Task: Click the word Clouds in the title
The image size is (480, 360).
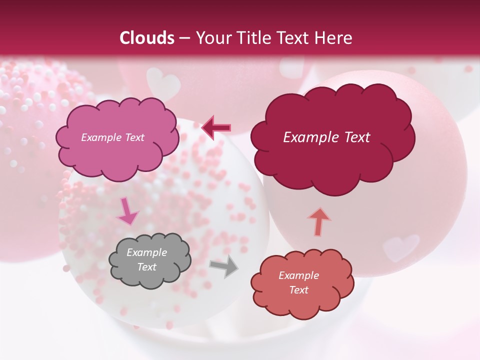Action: (147, 38)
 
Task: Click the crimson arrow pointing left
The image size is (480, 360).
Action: (216, 127)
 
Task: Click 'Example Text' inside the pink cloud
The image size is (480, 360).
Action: (113, 137)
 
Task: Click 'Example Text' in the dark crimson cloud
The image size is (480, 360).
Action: (326, 137)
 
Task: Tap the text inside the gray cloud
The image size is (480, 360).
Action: (147, 260)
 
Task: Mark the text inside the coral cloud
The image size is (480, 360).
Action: (298, 282)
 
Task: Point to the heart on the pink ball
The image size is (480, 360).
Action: (401, 247)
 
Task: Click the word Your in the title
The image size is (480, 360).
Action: (210, 38)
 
